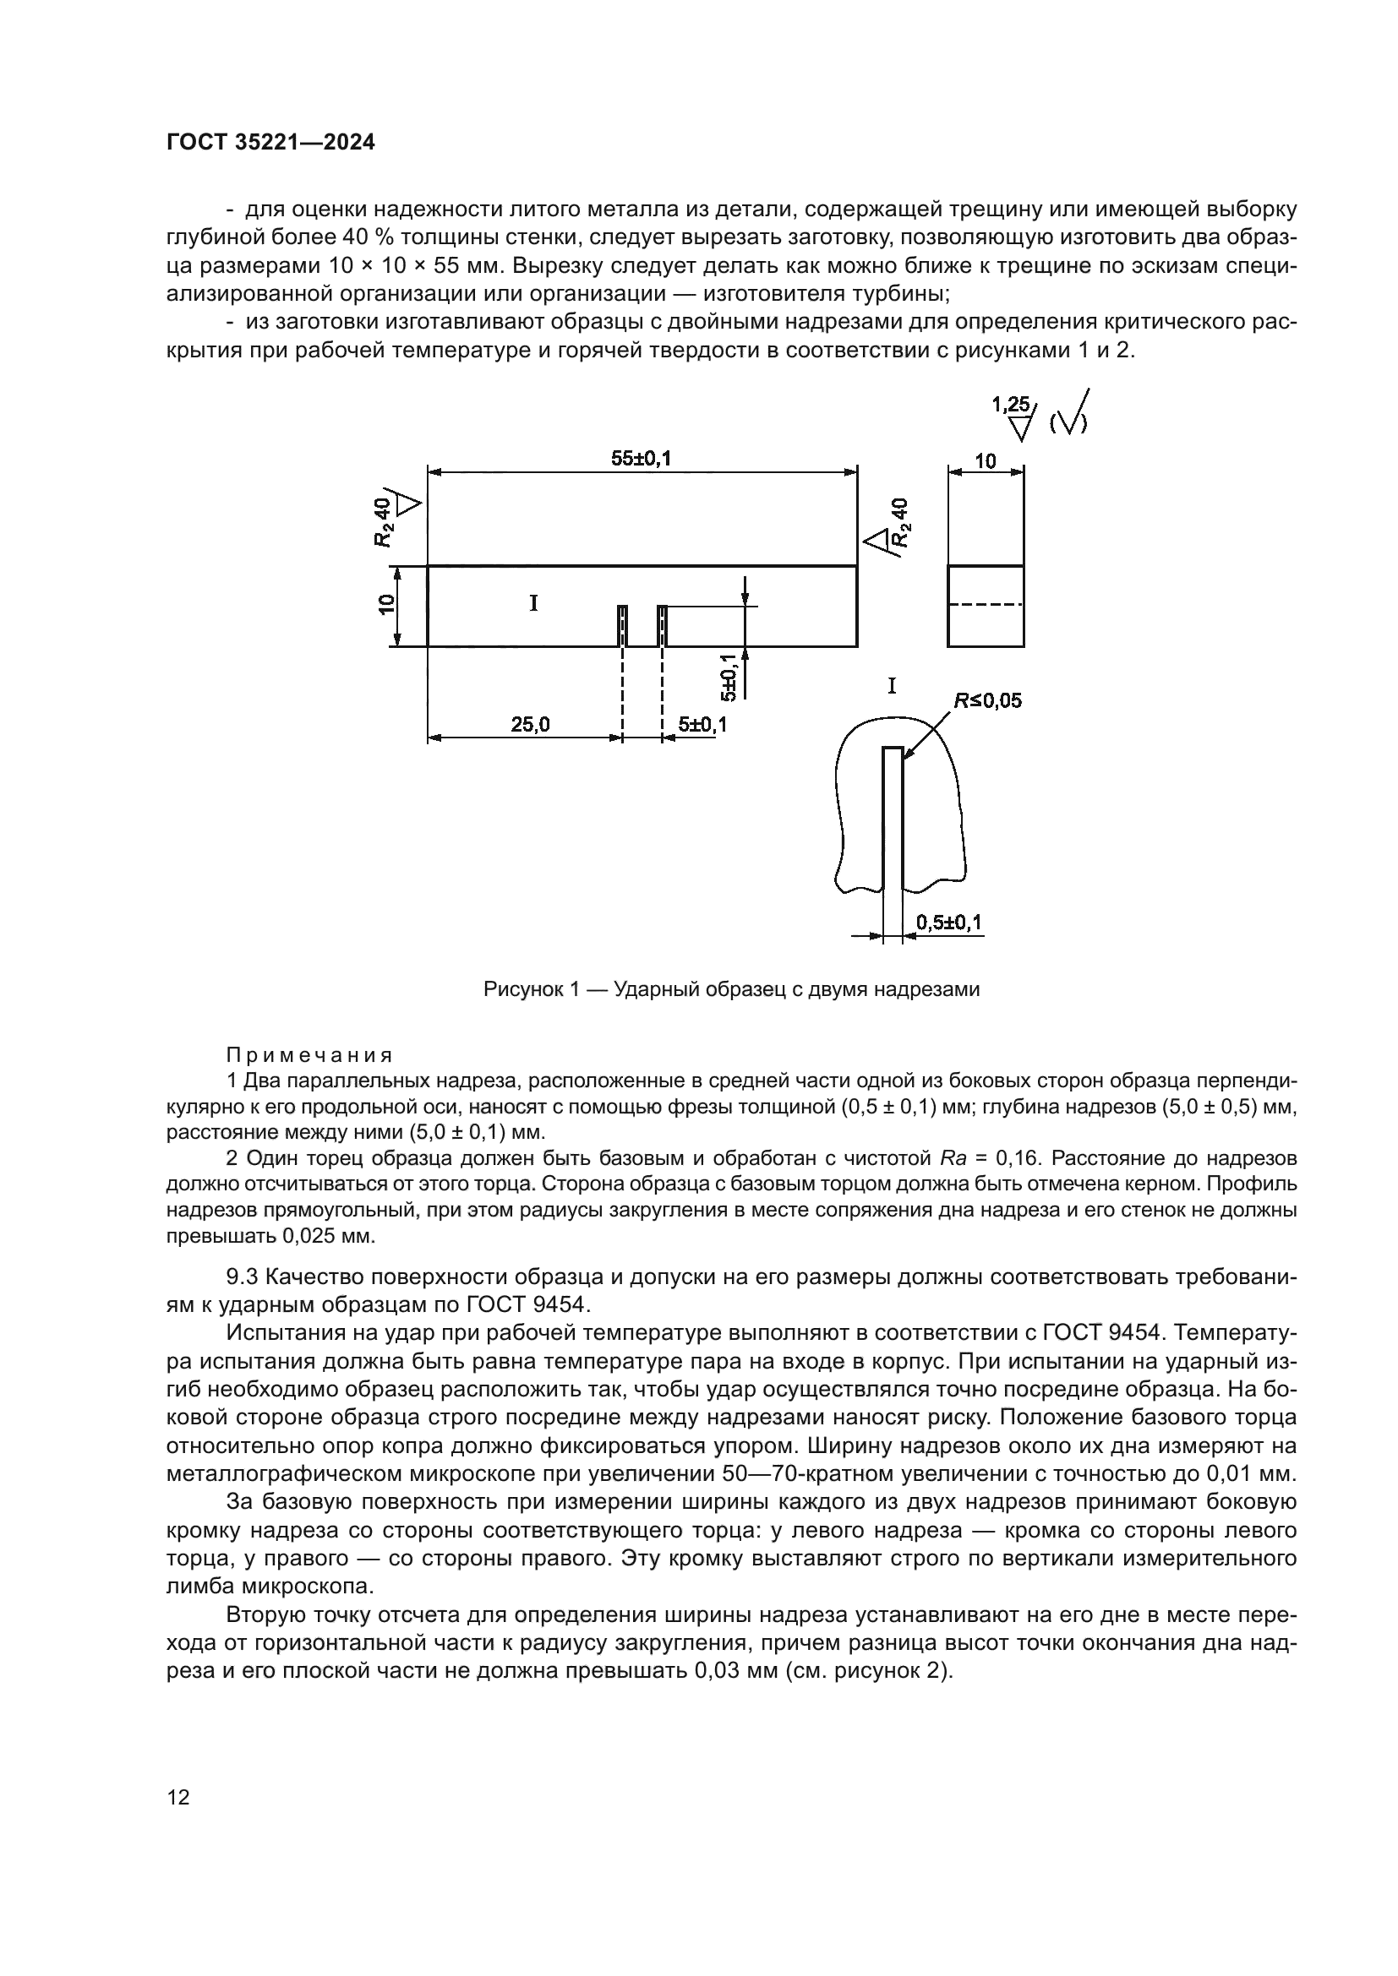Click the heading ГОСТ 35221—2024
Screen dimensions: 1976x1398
(270, 142)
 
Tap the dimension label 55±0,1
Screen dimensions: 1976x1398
(641, 459)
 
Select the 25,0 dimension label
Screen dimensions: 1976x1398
(529, 725)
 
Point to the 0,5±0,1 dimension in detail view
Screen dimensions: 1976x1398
(948, 923)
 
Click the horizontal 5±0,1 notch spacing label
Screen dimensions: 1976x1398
(702, 725)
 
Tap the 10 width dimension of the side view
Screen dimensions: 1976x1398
(985, 460)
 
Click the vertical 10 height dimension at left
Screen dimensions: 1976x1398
(386, 605)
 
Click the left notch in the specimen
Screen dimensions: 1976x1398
(622, 626)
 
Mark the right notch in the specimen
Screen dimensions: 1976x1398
(662, 626)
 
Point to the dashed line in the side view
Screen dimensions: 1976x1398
(986, 605)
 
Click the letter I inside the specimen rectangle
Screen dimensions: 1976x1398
(533, 603)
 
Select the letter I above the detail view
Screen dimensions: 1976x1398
(892, 686)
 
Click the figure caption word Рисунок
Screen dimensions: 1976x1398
(522, 989)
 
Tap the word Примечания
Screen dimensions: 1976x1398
(309, 1055)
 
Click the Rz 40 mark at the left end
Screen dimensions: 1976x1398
(386, 521)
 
